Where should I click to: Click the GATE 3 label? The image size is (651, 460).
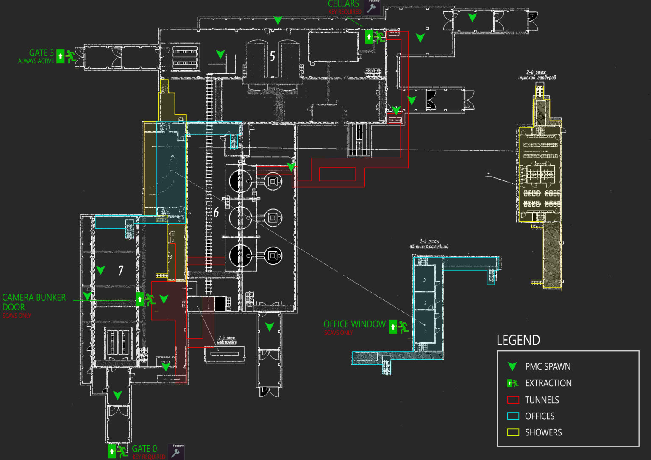(x=41, y=53)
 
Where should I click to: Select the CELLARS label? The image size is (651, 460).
(x=343, y=4)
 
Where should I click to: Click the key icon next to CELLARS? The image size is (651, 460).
(x=372, y=7)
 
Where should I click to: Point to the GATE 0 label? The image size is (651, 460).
(x=144, y=448)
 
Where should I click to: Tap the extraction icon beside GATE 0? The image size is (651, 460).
(x=117, y=451)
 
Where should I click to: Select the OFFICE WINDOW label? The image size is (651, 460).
(x=354, y=324)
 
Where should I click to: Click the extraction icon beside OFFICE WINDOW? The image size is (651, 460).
(x=399, y=327)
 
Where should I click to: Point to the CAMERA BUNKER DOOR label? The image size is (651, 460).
(x=33, y=302)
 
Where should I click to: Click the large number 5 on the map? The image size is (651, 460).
(x=272, y=56)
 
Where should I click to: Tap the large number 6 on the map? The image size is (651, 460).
(x=216, y=212)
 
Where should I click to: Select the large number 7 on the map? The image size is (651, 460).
(x=121, y=270)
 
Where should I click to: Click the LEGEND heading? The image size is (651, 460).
(x=518, y=340)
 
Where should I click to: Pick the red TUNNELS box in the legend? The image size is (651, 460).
(x=513, y=400)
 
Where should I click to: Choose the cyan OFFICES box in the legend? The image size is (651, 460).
(x=513, y=416)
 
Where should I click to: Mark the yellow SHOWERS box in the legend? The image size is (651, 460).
(x=513, y=432)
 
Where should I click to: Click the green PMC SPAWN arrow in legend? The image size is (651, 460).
(x=512, y=366)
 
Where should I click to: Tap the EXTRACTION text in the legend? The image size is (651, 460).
(x=548, y=383)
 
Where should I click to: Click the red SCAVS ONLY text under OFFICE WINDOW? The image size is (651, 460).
(x=338, y=333)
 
